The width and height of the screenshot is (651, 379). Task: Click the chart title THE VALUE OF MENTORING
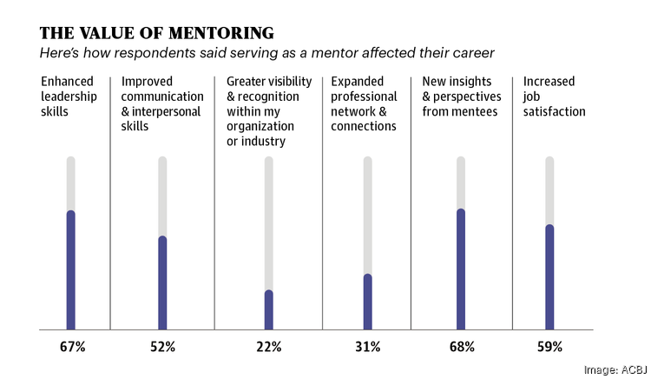pos(157,34)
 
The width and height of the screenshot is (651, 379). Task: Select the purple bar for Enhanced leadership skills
pos(71,270)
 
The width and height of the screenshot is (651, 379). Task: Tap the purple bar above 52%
pos(162,283)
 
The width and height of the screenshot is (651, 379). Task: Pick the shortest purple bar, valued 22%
pos(269,310)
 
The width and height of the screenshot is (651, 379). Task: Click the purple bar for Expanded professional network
pos(367,303)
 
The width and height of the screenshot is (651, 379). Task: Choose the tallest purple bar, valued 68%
pos(461,269)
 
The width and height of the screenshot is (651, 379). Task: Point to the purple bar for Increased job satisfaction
pos(549,277)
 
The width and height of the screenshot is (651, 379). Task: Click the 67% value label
pos(72,347)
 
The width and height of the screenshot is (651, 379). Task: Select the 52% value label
pos(162,347)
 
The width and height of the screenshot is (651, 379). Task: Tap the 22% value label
pos(269,347)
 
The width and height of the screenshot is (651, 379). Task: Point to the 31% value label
pos(367,347)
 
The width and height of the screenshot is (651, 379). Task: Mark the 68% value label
pos(462,347)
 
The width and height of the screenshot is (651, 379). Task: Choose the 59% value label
pos(550,347)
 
